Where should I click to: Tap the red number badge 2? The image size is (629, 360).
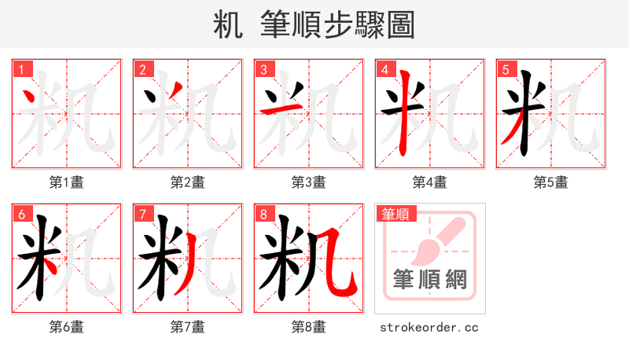point(142,69)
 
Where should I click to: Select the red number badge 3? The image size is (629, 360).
point(263,69)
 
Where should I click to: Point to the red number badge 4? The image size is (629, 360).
point(384,69)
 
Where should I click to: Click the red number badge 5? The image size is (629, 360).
point(506,69)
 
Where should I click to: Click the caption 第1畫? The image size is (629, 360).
point(67,182)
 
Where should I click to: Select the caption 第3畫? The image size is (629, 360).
point(309,182)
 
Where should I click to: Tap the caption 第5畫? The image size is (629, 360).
point(551,182)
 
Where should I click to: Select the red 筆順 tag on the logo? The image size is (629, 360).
point(395,214)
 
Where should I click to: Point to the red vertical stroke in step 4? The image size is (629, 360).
point(404,118)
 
